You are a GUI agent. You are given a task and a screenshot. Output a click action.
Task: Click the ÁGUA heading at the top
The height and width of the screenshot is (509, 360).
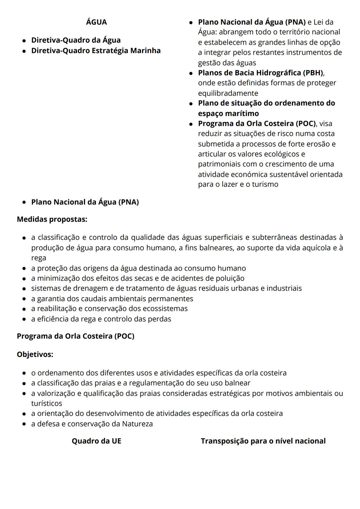pyautogui.click(x=96, y=22)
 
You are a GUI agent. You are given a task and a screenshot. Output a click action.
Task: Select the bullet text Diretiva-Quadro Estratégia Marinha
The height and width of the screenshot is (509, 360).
pyautogui.click(x=96, y=50)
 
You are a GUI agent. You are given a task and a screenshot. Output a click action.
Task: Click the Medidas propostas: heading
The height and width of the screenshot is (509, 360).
pyautogui.click(x=52, y=219)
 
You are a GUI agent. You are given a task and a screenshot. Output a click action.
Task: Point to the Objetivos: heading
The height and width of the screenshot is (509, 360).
pyautogui.click(x=35, y=354)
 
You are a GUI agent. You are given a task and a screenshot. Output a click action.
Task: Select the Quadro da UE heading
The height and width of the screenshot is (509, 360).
pyautogui.click(x=96, y=441)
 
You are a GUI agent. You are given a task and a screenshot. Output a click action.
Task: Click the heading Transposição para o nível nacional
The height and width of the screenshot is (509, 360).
pyautogui.click(x=263, y=441)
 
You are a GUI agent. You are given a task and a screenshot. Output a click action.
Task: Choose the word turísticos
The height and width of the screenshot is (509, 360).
pyautogui.click(x=47, y=403)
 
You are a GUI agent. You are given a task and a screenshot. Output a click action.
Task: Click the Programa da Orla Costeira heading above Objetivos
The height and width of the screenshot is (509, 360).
pyautogui.click(x=75, y=336)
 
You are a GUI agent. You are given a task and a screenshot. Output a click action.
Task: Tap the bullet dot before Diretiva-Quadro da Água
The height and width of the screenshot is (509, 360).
pyautogui.click(x=24, y=40)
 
